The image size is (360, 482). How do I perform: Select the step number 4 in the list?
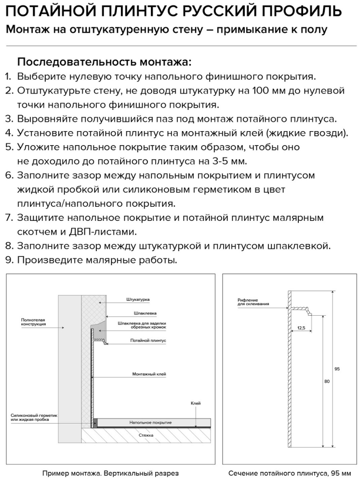coord(8,133)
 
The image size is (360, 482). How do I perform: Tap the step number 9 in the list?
coord(8,260)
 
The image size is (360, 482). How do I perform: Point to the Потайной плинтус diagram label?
coord(148,340)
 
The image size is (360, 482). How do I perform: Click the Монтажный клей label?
coord(149,374)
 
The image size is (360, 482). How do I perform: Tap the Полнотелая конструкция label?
coord(34,322)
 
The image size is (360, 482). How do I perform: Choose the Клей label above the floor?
coord(195,403)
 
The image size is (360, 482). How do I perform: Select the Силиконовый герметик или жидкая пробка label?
coord(34,417)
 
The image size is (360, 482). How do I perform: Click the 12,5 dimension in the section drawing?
coord(301,328)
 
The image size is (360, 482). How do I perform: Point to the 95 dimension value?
coord(337,369)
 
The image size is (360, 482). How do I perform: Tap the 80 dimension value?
coord(327,381)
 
